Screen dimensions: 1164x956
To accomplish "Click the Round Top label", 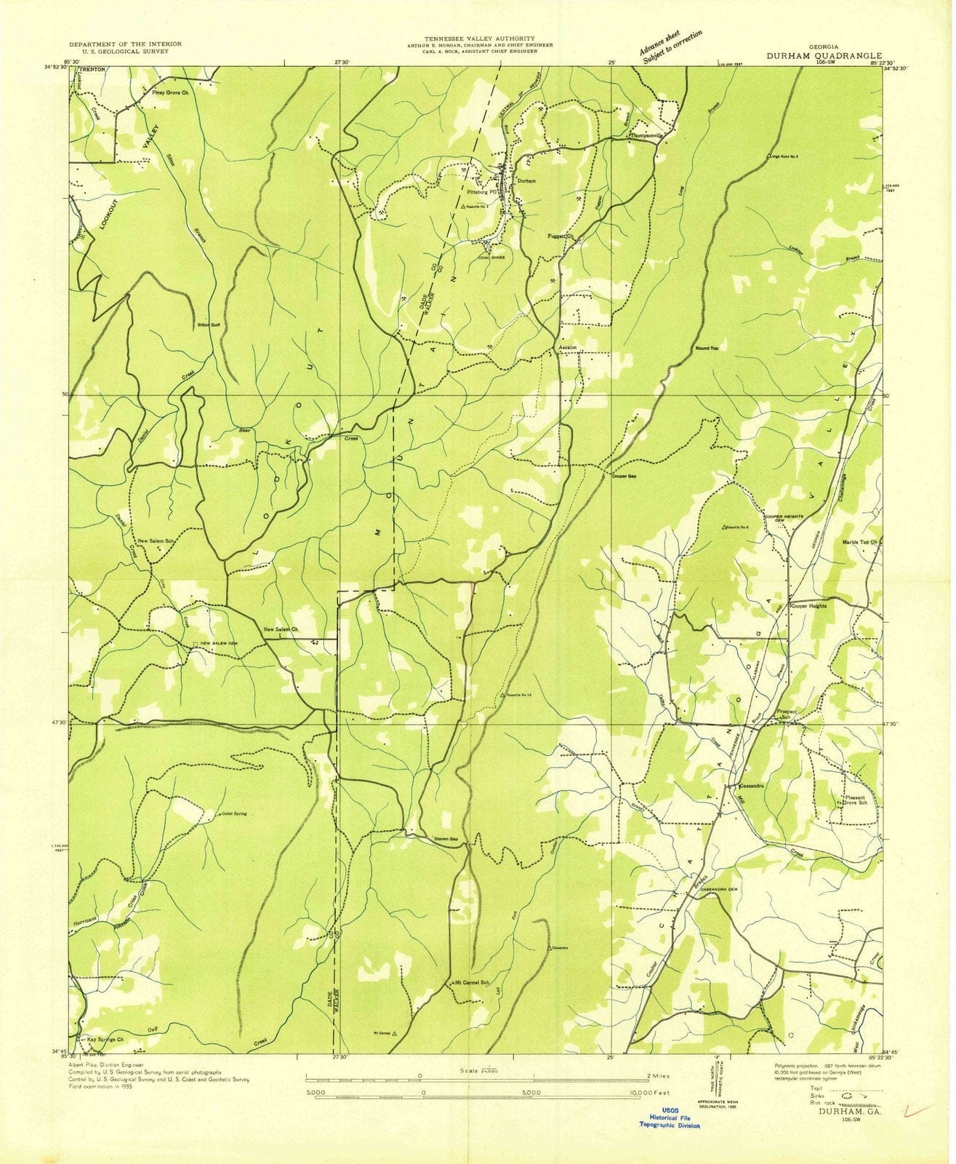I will pos(706,348).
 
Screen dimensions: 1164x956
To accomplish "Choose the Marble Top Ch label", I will pos(861,542).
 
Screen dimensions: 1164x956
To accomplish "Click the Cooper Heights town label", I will pos(811,606).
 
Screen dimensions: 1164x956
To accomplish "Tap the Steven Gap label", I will pos(446,839).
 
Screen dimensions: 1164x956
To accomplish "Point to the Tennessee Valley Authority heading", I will pos(481,39).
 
